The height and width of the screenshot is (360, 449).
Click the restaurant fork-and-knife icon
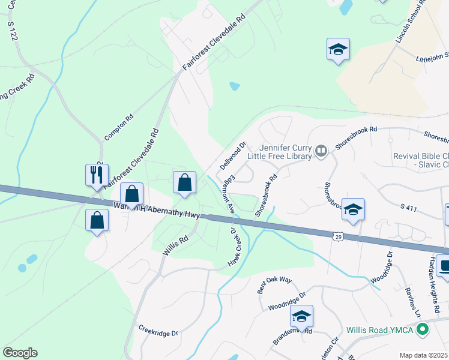[x=97, y=175]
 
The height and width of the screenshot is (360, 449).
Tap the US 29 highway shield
[x=338, y=237]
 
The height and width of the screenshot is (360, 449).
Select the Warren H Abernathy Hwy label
[x=156, y=210]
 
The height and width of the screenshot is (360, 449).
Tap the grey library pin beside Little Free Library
[x=321, y=151]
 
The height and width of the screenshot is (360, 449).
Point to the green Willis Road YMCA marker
[x=423, y=329]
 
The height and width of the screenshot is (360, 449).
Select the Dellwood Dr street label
[x=234, y=155]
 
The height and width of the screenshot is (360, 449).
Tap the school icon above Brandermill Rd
[x=301, y=316]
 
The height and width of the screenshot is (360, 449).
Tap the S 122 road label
[x=13, y=31]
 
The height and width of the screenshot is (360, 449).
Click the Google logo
[x=20, y=353]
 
